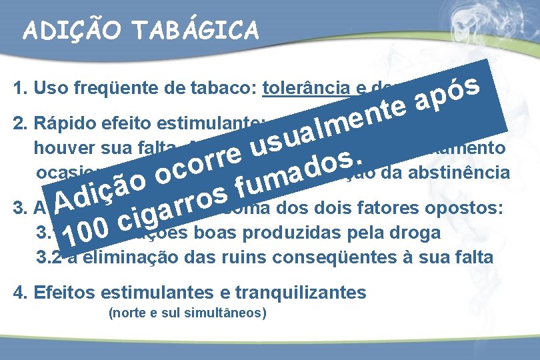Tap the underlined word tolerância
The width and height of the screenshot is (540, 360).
303,89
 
